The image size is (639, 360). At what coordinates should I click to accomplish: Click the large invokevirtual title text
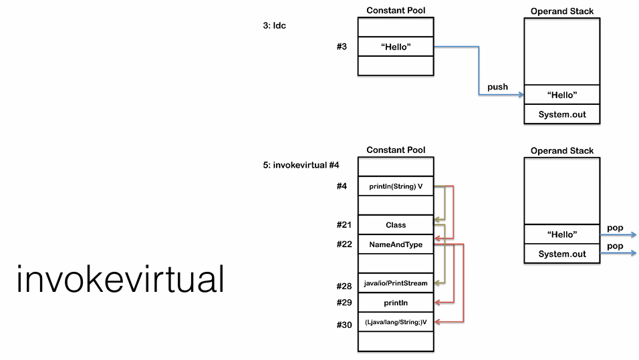tap(120, 279)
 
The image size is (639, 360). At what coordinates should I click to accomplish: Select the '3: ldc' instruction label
tap(275, 25)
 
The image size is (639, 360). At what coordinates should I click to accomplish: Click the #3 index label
tap(342, 47)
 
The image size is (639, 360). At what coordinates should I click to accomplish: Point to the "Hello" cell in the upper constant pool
tap(396, 47)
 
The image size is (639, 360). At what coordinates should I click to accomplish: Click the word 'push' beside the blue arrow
tap(497, 87)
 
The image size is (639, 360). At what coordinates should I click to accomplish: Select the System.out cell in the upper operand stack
tap(562, 114)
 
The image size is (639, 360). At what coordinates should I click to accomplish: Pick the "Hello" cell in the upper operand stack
tap(562, 95)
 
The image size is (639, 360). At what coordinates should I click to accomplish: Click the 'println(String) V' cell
tap(396, 186)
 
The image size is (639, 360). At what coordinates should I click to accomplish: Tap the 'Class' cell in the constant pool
tap(396, 225)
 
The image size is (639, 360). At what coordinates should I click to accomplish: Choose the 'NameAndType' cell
tap(396, 244)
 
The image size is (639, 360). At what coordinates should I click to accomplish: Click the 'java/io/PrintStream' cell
tap(396, 283)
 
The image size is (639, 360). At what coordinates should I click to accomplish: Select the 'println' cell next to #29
tap(396, 303)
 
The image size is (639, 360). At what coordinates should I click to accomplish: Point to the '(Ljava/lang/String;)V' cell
tap(396, 322)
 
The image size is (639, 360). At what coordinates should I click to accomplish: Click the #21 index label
tap(344, 225)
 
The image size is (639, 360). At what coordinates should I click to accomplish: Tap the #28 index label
tap(344, 286)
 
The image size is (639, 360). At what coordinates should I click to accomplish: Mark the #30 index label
tap(344, 325)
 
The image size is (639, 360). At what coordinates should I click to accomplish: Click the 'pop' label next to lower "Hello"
tap(615, 228)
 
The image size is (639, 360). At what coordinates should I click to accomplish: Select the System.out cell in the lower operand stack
tap(562, 254)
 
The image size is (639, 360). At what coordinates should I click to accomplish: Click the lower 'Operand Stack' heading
tap(562, 151)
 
